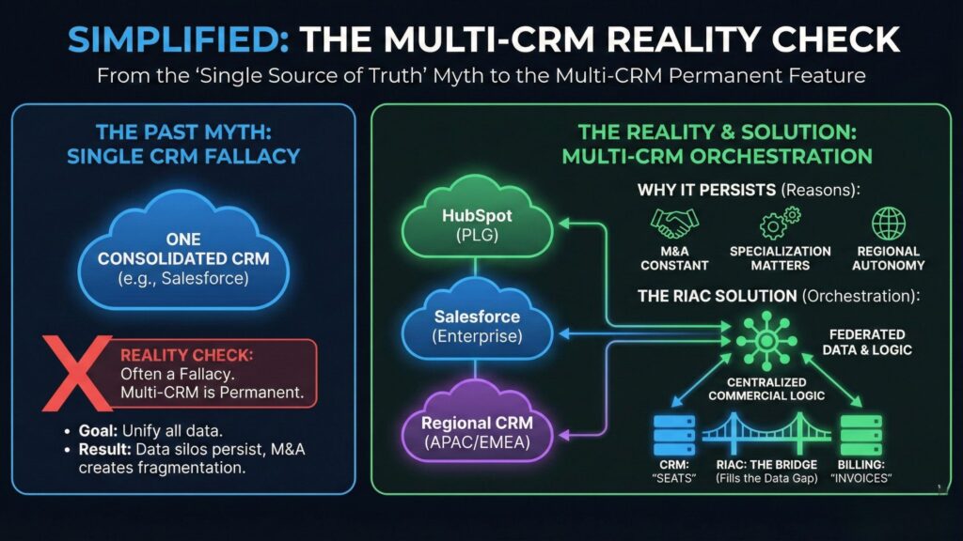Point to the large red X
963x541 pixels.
(x=76, y=375)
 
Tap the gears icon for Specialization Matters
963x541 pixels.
(x=780, y=224)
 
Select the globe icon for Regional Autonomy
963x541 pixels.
(x=888, y=224)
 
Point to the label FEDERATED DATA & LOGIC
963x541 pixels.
(x=866, y=342)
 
